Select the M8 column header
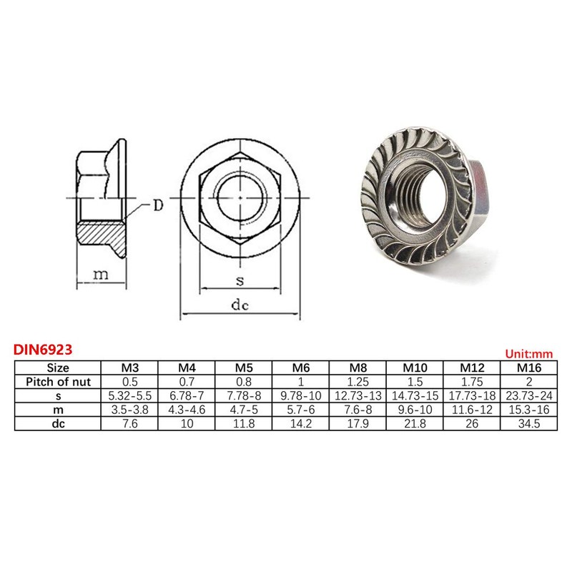pyautogui.click(x=358, y=368)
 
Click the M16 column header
pyautogui.click(x=530, y=368)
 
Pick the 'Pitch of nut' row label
pyautogui.click(x=58, y=381)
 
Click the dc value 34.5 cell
pyautogui.click(x=530, y=423)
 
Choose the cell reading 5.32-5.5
pyautogui.click(x=129, y=395)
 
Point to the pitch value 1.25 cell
pyautogui.click(x=358, y=381)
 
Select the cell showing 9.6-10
pyautogui.click(x=415, y=409)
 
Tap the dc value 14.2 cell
pyautogui.click(x=301, y=423)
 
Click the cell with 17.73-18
pyautogui.click(x=473, y=395)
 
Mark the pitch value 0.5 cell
pyautogui.click(x=129, y=381)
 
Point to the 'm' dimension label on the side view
pyautogui.click(x=102, y=275)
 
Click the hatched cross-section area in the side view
pyautogui.click(x=98, y=232)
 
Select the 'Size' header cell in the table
pyautogui.click(x=58, y=368)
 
